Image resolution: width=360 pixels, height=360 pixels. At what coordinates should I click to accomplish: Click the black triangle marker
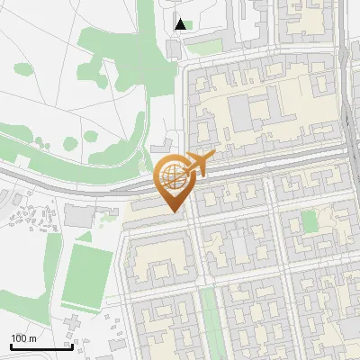[181, 24]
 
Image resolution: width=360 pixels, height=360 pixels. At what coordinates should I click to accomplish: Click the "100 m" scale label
[22, 337]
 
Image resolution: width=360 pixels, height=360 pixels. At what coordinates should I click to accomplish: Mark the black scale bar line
[40, 346]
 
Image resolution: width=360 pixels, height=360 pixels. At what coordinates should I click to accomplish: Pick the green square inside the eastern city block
[310, 221]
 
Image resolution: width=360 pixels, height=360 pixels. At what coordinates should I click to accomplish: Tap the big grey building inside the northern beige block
[242, 113]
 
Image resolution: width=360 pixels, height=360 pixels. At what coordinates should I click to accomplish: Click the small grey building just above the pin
[163, 148]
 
